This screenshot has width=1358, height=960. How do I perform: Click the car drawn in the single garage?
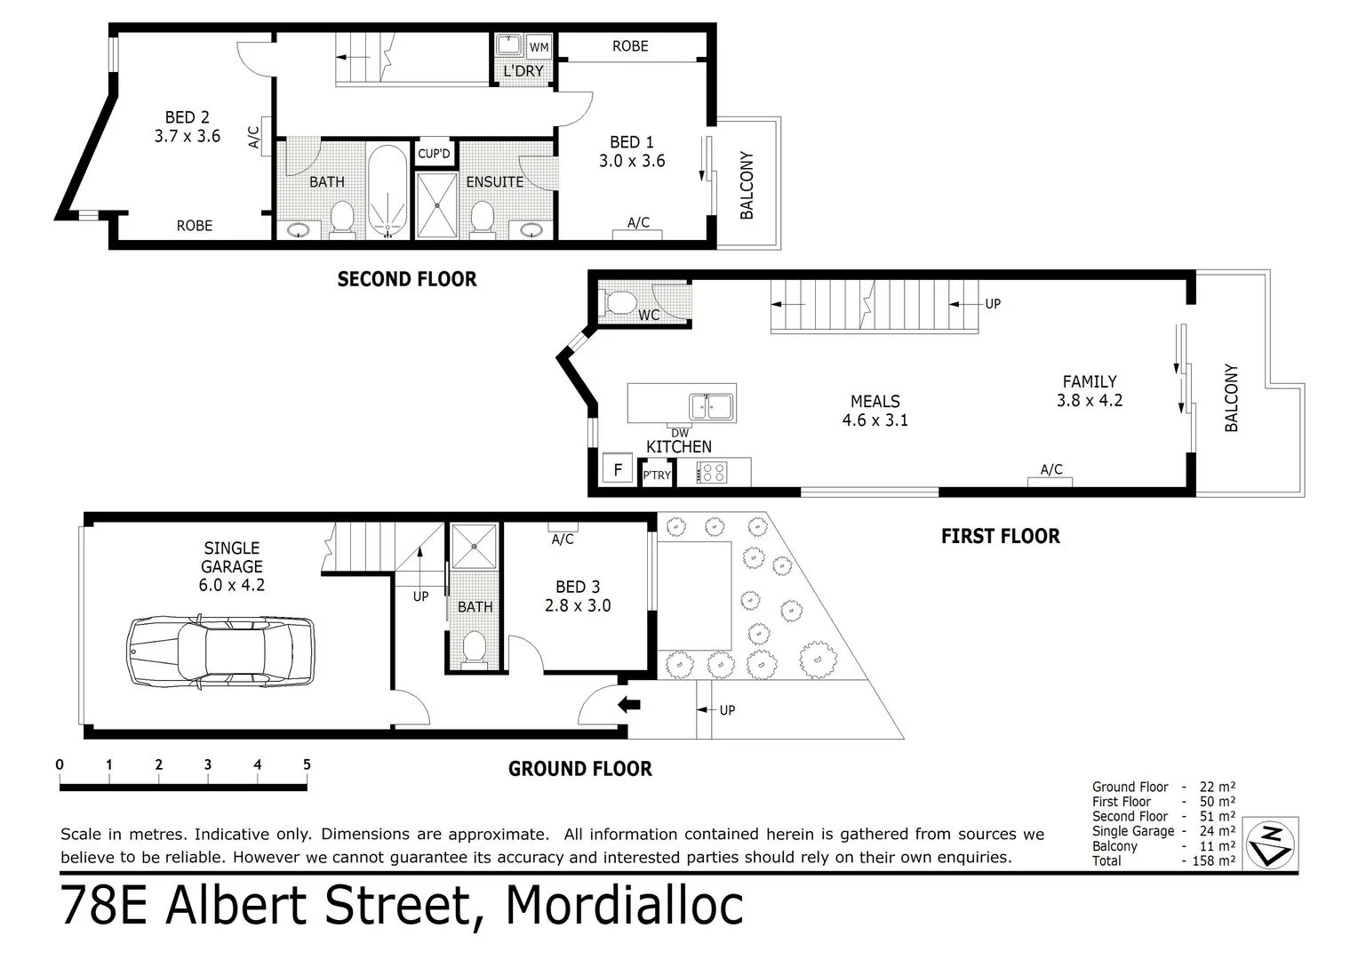coord(220,652)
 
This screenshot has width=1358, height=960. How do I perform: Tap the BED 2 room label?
coord(187,127)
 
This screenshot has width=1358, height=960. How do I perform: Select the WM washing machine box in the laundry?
coord(539,47)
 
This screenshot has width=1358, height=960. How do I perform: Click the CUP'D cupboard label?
coord(435,154)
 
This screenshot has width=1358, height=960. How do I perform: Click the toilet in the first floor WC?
coord(619,303)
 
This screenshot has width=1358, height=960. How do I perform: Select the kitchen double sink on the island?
coord(711,406)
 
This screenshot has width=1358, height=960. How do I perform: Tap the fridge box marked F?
coord(618,469)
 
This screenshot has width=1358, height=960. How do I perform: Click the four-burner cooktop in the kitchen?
coord(713,473)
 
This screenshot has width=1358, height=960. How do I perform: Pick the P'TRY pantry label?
coord(657,476)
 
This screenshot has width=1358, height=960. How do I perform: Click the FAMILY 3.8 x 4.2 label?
coord(1089,391)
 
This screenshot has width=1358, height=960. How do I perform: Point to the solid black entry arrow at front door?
coord(629,705)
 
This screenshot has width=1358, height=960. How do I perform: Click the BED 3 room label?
coord(578,596)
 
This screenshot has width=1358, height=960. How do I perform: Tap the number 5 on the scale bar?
coord(307,764)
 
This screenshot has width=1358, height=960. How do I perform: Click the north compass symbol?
coord(1272,843)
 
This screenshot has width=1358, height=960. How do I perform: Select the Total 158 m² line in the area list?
coord(1162,860)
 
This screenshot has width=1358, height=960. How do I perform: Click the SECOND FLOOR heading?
coord(407,280)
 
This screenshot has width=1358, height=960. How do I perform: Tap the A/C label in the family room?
coord(1051,470)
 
